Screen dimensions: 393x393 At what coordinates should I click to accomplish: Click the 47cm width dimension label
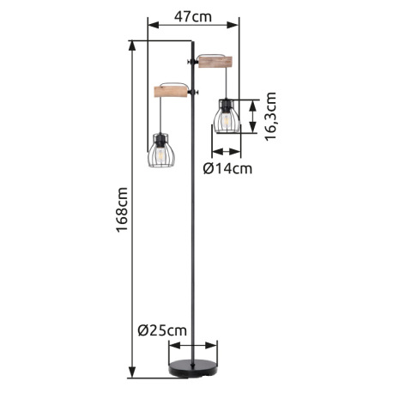tap(193, 16)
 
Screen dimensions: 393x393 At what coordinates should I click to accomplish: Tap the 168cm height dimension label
tap(122, 209)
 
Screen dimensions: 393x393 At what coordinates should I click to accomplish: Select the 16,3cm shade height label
tap(270, 116)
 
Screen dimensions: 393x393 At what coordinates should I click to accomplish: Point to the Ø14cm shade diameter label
tap(227, 168)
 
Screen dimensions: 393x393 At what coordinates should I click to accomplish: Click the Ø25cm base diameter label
tap(162, 330)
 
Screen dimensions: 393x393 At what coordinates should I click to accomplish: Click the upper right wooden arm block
tap(215, 62)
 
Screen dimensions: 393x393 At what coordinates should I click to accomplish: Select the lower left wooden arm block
tap(171, 92)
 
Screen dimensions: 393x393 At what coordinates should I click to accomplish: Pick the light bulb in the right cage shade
tap(227, 119)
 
